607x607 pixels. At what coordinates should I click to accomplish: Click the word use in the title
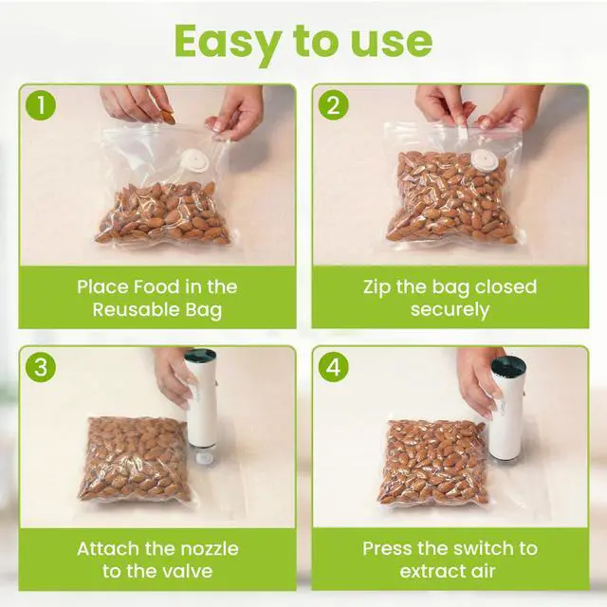click(x=391, y=43)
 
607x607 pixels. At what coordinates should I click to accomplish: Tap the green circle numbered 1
click(x=41, y=105)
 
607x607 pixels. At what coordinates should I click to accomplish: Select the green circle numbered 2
click(x=333, y=105)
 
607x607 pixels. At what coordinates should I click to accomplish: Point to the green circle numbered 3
click(x=41, y=367)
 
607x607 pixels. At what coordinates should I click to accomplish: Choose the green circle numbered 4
click(x=333, y=367)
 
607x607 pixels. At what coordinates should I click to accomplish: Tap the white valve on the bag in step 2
click(x=483, y=160)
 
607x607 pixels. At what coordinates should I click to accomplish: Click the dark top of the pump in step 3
click(x=200, y=356)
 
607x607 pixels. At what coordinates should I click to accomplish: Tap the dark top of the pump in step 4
click(x=508, y=365)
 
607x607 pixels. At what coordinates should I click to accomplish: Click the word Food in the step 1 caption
click(x=156, y=286)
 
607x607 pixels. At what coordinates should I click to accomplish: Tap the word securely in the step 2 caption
click(x=450, y=310)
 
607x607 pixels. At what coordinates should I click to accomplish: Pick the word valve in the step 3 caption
click(x=188, y=571)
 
